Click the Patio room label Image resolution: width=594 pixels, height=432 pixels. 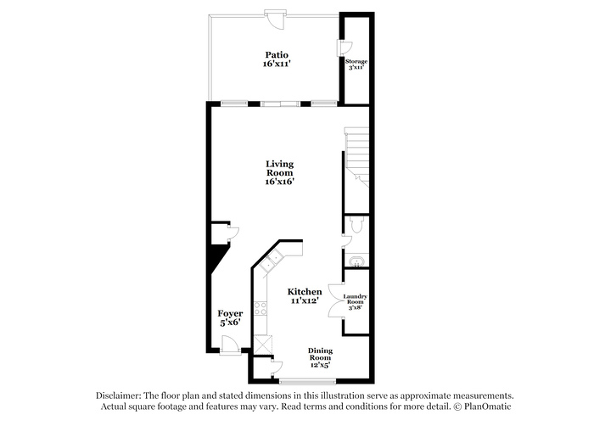[x=277, y=59]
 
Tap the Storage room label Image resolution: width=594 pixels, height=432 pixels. [x=356, y=64]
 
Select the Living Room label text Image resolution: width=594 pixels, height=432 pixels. [x=279, y=172]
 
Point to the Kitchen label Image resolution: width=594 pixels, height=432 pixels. [x=305, y=295]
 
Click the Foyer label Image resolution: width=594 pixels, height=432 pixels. [x=230, y=318]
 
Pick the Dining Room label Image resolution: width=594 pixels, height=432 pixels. [x=320, y=357]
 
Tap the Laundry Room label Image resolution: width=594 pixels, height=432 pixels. [x=355, y=301]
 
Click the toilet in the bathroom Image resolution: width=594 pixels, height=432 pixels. [x=357, y=224]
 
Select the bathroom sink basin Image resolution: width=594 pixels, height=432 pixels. [x=356, y=261]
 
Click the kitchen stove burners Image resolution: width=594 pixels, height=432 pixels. [x=261, y=308]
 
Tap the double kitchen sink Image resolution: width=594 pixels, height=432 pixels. [x=272, y=261]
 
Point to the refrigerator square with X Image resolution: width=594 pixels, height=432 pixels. [x=263, y=344]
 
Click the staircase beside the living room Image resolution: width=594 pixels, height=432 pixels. [x=357, y=157]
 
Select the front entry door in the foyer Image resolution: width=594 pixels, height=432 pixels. [x=229, y=345]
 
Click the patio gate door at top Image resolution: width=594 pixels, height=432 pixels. [x=276, y=18]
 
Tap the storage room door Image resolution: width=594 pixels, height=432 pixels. [x=345, y=48]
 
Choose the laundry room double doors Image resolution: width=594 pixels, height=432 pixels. [x=336, y=300]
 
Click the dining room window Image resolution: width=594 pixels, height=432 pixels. [x=307, y=381]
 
